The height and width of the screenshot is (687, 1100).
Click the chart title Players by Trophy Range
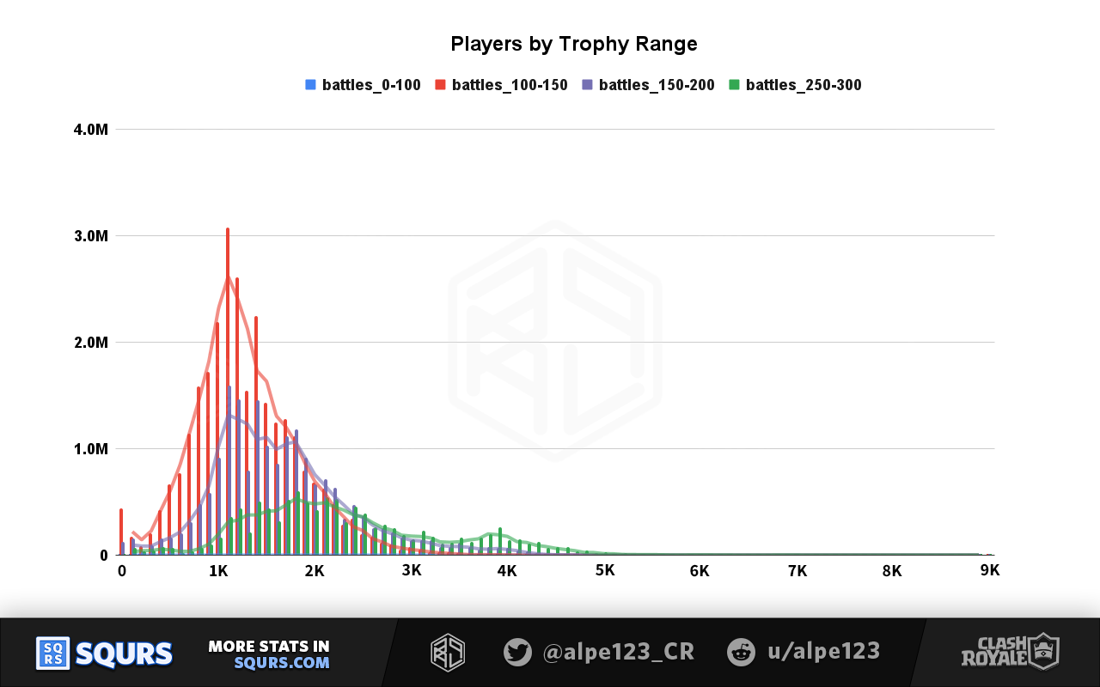point(573,45)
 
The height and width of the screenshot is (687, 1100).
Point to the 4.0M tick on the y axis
point(90,130)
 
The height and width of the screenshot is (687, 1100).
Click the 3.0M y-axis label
point(90,236)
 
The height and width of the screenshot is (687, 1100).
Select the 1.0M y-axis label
point(90,449)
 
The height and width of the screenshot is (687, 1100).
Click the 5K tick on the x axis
point(604,571)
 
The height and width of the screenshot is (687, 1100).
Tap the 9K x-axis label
point(989,571)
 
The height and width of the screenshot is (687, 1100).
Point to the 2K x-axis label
point(315,571)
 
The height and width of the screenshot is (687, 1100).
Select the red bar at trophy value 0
point(121,532)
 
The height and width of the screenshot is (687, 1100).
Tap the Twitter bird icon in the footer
point(517,652)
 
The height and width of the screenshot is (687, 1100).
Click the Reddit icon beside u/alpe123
point(741,652)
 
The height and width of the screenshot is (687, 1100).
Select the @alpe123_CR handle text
point(618,652)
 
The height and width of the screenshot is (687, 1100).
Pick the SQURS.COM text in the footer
point(282,663)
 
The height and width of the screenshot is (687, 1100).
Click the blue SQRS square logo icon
point(52,654)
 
